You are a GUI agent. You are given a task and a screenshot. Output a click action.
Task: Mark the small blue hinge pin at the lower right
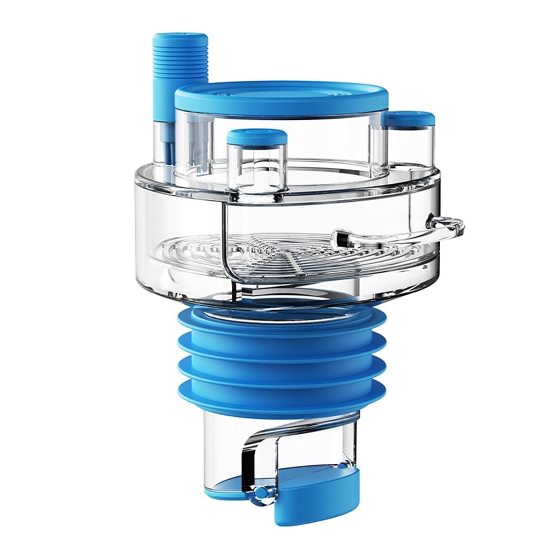[x=342, y=465]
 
